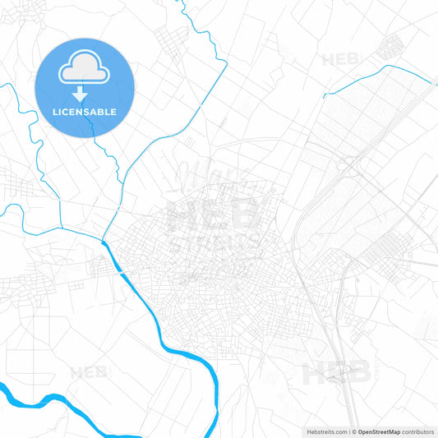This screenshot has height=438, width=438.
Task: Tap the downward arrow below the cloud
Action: [80, 95]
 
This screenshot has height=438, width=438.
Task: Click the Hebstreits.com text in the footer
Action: [325, 431]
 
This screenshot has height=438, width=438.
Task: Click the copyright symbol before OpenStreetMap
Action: [354, 431]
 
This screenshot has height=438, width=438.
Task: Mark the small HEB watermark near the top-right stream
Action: [340, 59]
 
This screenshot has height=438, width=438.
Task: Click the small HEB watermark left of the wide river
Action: [88, 372]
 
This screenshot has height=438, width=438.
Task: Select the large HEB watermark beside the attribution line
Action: [337, 374]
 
